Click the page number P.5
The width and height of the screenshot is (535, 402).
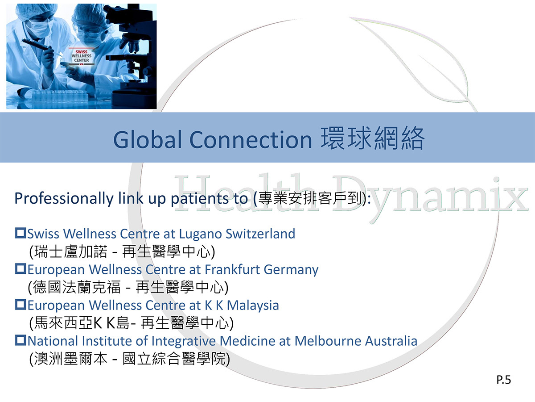click(x=503, y=380)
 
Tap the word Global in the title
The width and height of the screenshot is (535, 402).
click(x=148, y=139)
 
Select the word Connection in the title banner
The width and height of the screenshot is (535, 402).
click(x=251, y=139)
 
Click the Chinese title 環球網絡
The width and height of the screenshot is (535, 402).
click(x=373, y=138)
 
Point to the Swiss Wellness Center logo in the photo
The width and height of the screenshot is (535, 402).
click(x=82, y=56)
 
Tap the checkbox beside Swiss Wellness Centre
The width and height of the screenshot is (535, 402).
click(x=21, y=233)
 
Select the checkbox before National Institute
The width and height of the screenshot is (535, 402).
click(x=21, y=340)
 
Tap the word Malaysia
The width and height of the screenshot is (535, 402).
click(x=253, y=306)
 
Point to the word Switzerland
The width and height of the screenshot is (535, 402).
click(x=260, y=234)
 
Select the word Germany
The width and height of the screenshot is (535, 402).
click(x=291, y=270)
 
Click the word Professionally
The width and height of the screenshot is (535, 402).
click(x=64, y=198)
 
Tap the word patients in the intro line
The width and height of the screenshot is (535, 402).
click(x=200, y=198)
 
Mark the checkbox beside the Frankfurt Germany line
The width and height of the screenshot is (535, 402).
click(x=21, y=269)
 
